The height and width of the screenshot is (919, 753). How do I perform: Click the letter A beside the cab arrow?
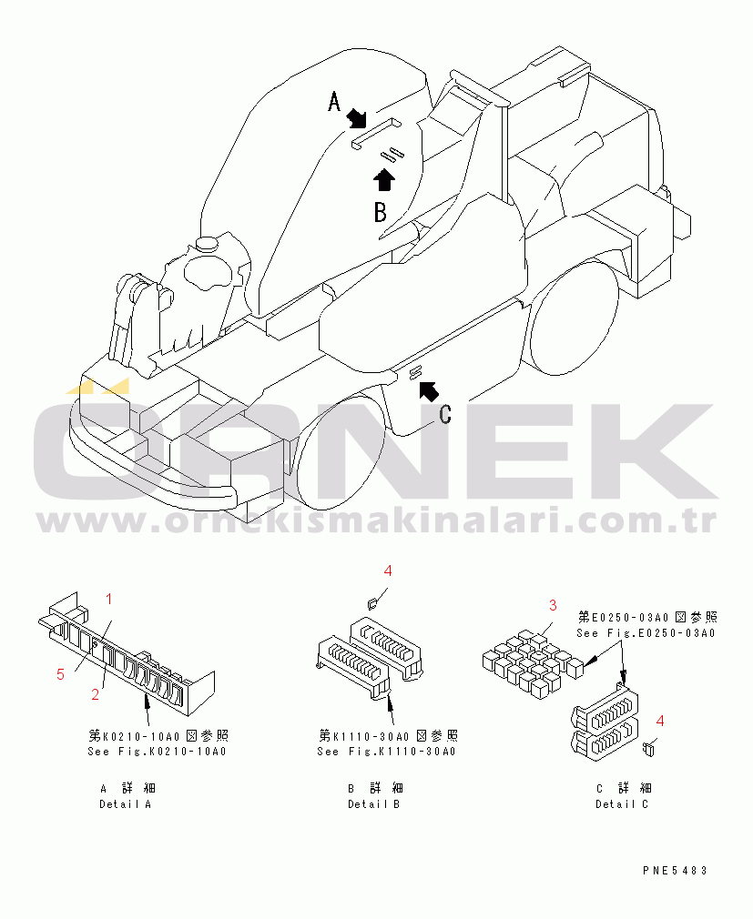[x=333, y=101]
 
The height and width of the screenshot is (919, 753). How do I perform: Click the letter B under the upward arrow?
[x=381, y=212]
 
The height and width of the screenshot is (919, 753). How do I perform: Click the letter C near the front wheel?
[x=445, y=414]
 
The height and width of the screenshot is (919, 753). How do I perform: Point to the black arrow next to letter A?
[x=355, y=117]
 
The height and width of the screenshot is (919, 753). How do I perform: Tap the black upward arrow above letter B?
[x=384, y=179]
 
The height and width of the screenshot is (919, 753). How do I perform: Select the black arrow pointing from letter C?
[x=429, y=390]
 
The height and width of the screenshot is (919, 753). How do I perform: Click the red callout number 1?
[x=108, y=599]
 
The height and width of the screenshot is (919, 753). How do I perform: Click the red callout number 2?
[x=95, y=694]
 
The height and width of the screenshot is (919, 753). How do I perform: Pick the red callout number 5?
[x=60, y=674]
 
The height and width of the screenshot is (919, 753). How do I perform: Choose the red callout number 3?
[x=553, y=605]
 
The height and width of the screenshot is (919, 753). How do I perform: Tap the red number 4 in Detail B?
[x=388, y=571]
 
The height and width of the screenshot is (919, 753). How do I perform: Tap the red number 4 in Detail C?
[x=660, y=721]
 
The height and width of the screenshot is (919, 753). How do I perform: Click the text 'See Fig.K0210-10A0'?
[x=158, y=752]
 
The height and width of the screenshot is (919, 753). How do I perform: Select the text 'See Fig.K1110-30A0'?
[x=386, y=752]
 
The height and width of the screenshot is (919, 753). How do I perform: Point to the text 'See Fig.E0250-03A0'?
[x=646, y=633]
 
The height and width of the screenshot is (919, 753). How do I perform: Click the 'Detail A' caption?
[x=126, y=804]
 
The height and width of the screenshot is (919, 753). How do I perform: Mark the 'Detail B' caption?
[x=373, y=804]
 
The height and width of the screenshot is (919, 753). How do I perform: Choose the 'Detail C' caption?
[x=622, y=804]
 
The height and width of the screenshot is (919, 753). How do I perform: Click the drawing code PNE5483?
[x=675, y=871]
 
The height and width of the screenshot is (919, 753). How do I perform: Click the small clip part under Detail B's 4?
[x=371, y=602]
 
